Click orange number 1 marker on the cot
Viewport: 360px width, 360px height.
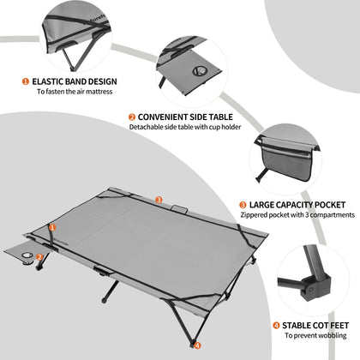pos(51,227)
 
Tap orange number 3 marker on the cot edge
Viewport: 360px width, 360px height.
pos(159,200)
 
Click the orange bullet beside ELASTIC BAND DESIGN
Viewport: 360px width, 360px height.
pos(25,81)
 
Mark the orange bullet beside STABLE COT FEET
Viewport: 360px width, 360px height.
pos(275,325)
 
